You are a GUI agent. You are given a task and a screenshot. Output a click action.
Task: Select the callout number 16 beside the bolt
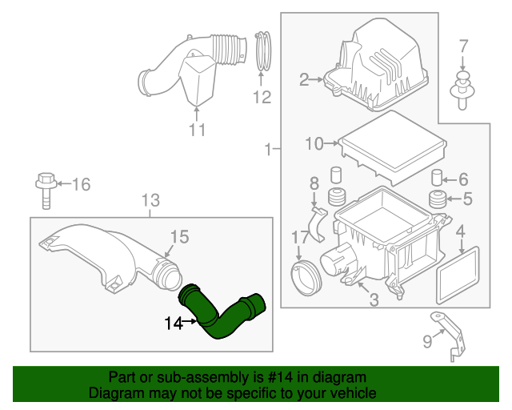(82, 185)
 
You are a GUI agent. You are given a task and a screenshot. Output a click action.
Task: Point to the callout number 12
(262, 98)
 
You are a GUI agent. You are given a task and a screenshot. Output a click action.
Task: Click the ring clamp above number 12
(263, 50)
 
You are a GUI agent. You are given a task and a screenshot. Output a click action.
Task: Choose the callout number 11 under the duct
(197, 130)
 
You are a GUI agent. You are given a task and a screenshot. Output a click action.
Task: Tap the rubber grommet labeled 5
(438, 199)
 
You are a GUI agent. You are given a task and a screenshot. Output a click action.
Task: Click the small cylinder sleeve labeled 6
(438, 178)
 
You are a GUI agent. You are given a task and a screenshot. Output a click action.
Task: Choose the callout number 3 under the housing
(373, 300)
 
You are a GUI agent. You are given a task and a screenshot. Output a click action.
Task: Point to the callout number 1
(267, 148)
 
